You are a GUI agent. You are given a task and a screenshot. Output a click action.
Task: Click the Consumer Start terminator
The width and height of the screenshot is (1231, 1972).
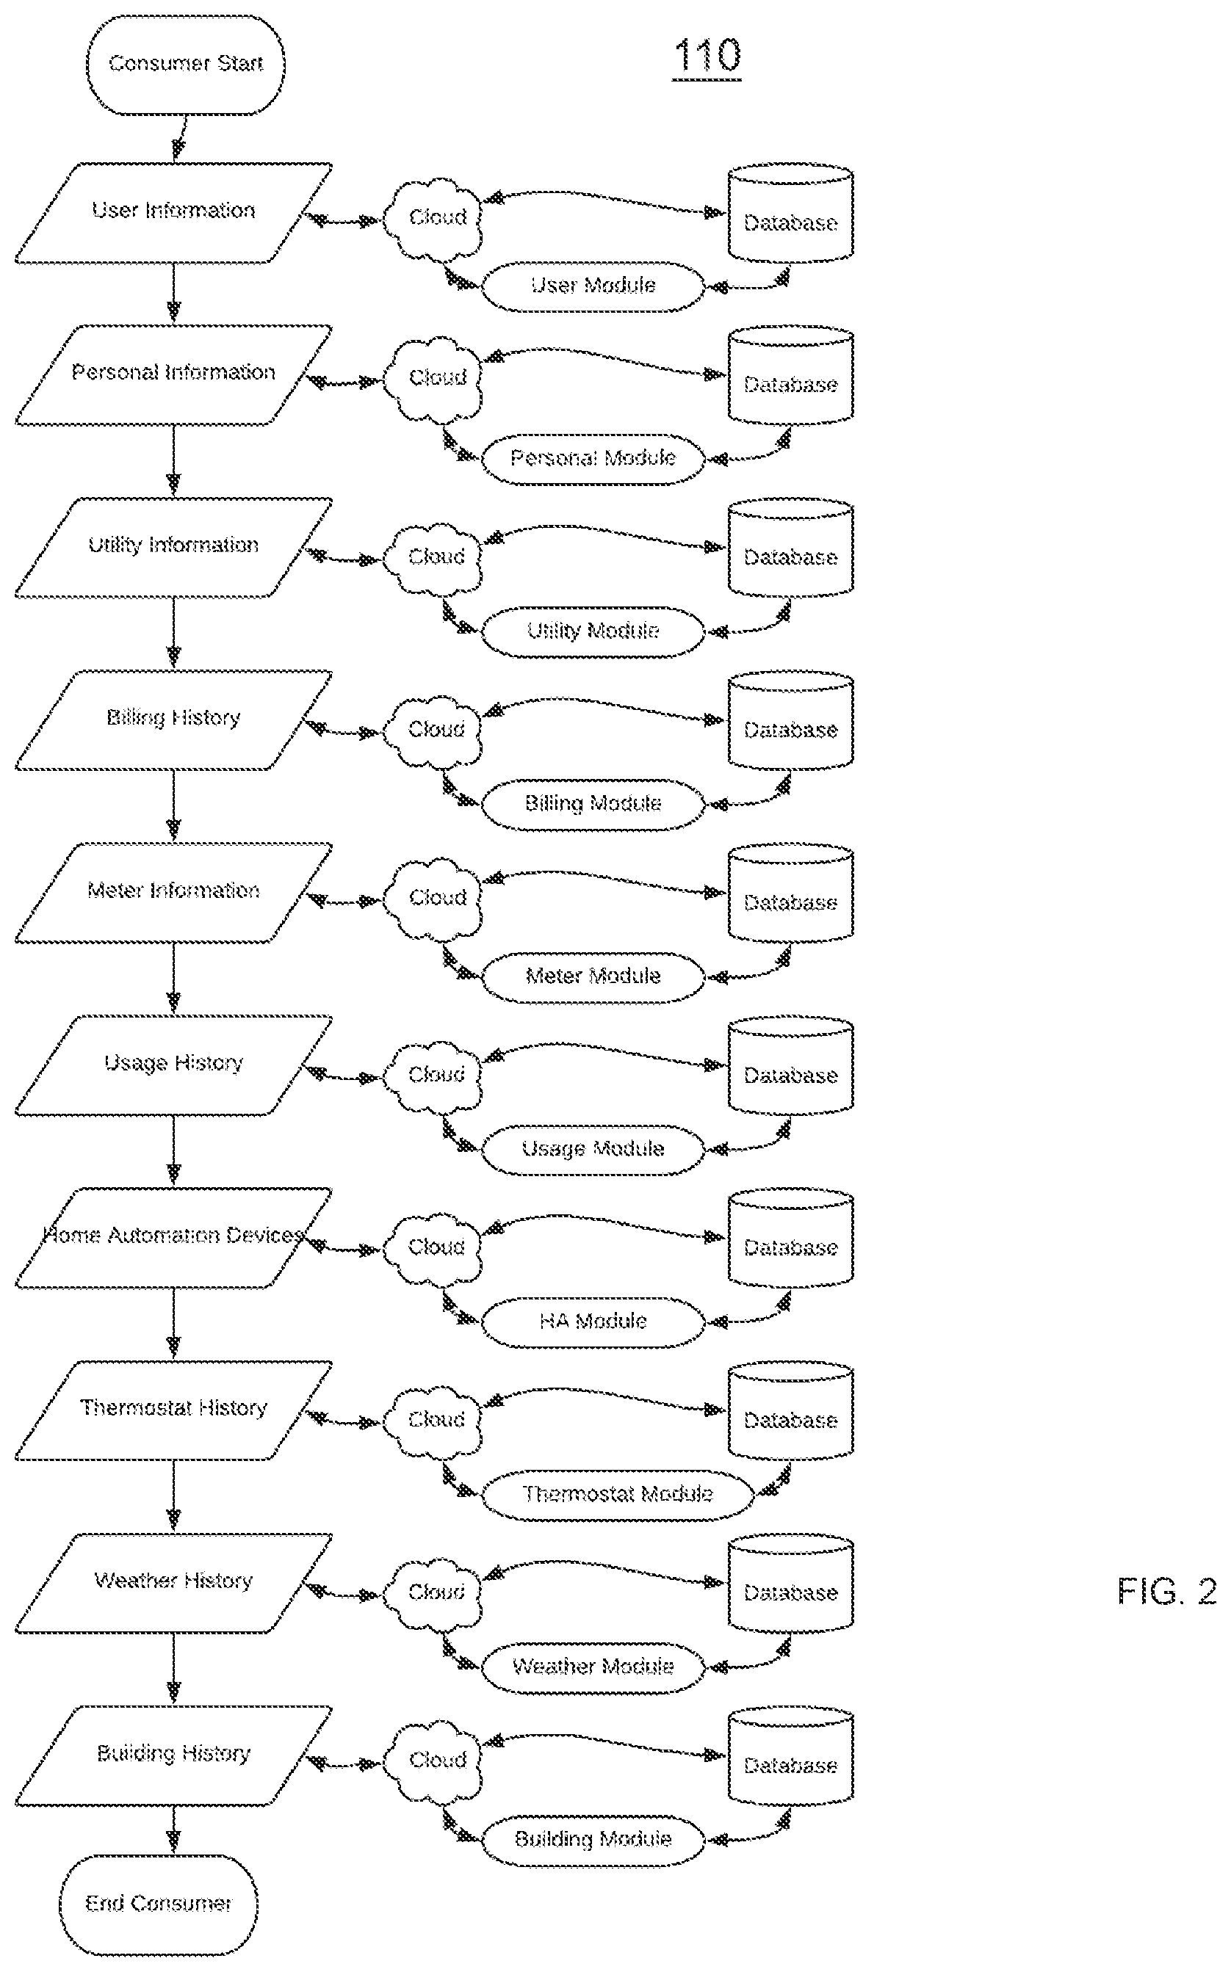tap(186, 65)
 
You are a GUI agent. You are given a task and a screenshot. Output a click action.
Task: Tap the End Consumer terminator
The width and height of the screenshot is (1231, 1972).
tap(159, 1904)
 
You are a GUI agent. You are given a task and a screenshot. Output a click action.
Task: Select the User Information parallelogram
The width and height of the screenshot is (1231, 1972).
tap(173, 213)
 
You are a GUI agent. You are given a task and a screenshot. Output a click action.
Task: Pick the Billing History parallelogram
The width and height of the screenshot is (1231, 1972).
tap(173, 720)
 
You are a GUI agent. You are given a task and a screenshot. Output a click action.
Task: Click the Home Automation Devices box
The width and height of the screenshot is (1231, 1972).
tap(173, 1238)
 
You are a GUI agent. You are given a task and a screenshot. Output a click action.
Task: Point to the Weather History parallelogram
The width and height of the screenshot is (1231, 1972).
tap(173, 1583)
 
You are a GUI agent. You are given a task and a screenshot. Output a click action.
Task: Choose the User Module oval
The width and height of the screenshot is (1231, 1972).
tap(593, 286)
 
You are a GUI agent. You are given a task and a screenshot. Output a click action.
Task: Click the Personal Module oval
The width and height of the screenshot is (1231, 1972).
tap(593, 459)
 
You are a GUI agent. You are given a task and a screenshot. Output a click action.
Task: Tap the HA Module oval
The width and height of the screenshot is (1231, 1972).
tap(593, 1322)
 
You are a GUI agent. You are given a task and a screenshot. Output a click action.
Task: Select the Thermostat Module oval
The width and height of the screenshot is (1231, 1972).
tap(617, 1494)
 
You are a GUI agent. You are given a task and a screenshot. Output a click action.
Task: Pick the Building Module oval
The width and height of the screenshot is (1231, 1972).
tap(593, 1839)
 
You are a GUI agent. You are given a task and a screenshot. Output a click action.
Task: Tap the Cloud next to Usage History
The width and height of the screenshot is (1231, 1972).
tap(433, 1076)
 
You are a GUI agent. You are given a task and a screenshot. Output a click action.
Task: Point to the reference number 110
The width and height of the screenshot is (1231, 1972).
tap(707, 57)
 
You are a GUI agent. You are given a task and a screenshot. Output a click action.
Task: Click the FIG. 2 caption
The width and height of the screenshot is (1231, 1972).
tap(1166, 1590)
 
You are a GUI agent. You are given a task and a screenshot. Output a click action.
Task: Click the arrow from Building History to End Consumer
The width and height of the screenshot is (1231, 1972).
tap(173, 1830)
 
